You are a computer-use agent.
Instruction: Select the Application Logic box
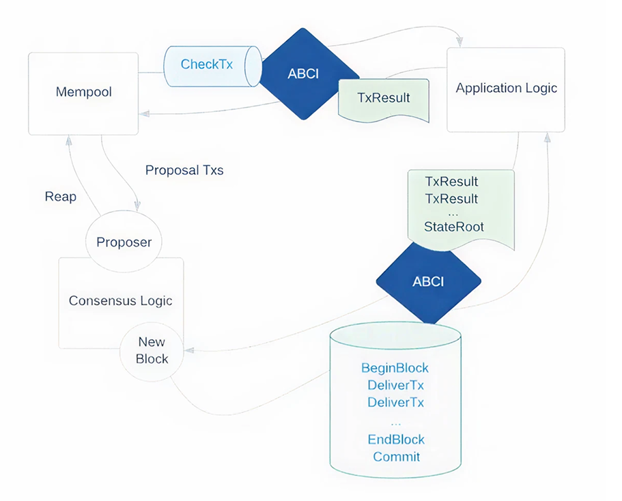[x=506, y=89]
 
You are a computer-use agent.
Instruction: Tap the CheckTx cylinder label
[x=207, y=65]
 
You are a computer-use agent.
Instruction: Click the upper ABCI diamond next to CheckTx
[x=303, y=74]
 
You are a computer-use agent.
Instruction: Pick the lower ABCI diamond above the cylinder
[x=428, y=281]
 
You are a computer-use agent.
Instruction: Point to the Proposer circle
[x=124, y=242]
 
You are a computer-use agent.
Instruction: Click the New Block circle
[x=152, y=350]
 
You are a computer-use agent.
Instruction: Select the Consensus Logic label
[x=120, y=301]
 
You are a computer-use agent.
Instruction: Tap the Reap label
[x=61, y=197]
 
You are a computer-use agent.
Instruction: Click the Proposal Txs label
[x=184, y=171]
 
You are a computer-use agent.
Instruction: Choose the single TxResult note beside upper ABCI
[x=384, y=98]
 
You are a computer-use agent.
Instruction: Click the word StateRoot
[x=453, y=227]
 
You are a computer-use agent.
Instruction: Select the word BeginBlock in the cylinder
[x=395, y=369]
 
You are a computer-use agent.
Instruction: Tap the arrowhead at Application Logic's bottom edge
[x=546, y=137]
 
